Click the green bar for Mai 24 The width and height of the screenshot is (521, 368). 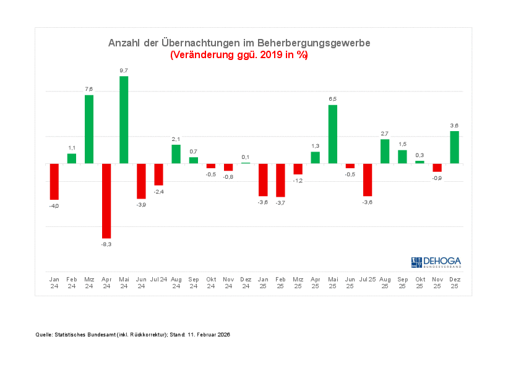tap(124, 120)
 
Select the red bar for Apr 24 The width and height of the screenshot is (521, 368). tap(106, 200)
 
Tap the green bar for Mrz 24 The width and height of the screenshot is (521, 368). tap(89, 129)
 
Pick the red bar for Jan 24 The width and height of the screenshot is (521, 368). tap(54, 181)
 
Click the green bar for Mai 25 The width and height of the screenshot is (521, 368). tap(333, 134)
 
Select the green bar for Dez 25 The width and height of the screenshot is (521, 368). tap(455, 147)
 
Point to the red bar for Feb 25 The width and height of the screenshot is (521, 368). tap(280, 180)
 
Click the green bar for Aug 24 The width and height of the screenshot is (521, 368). tap(176, 154)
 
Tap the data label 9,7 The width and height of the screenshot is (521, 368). tap(124, 71)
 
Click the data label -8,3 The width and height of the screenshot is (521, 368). tap(106, 244)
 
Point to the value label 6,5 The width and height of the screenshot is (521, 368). tap(333, 99)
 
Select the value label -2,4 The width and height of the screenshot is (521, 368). tap(158, 192)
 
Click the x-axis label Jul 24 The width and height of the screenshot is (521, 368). tap(158, 280)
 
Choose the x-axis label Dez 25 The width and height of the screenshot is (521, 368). tap(455, 283)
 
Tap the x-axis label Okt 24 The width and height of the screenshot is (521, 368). tap(210, 283)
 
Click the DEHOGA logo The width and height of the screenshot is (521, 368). tap(436, 262)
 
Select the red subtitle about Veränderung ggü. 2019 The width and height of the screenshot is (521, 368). tap(239, 55)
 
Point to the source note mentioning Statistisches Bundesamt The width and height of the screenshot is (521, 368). tap(132, 335)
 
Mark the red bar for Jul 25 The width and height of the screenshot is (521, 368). tap(368, 179)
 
